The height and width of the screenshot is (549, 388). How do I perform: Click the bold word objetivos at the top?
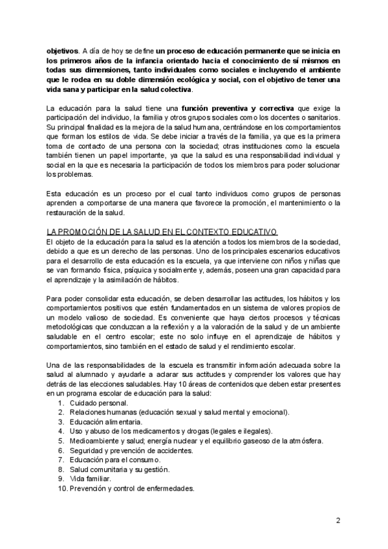click(63, 50)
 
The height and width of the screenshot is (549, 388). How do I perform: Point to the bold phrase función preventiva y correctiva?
click(237, 106)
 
